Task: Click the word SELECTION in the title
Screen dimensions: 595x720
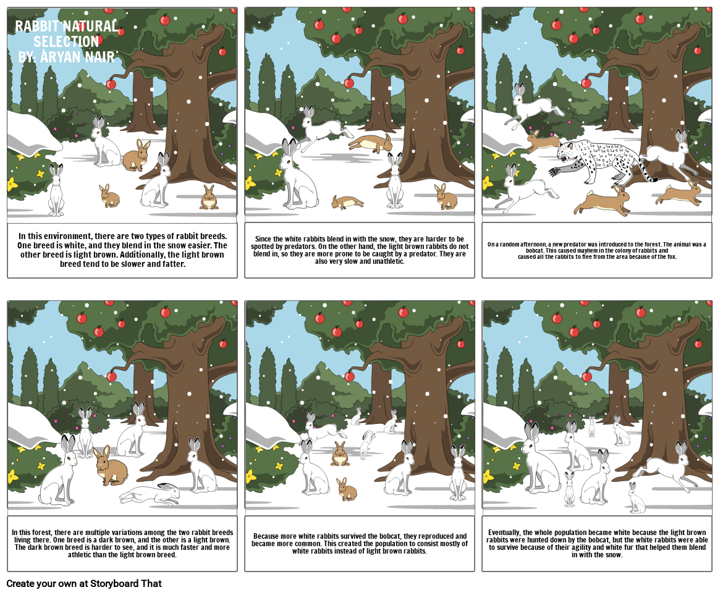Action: pos(66,41)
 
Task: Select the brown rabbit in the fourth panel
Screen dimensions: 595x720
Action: pos(111,466)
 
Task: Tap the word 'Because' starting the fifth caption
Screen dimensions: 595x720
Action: pos(266,536)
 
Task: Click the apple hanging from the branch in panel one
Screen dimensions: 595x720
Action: pos(111,84)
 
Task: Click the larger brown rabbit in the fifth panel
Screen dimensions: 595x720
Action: pos(340,455)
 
